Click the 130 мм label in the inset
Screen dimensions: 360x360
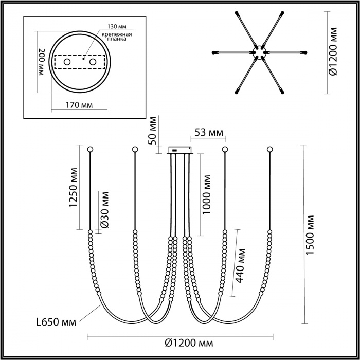[117, 26]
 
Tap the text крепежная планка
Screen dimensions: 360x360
[117, 37]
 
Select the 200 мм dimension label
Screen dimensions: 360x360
[42, 62]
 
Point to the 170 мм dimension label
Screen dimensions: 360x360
[79, 105]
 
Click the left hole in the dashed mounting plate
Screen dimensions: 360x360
[67, 62]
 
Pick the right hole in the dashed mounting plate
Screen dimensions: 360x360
[93, 62]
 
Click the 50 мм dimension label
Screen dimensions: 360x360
[152, 131]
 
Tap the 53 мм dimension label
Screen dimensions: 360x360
[209, 133]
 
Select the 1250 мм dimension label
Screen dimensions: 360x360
[74, 188]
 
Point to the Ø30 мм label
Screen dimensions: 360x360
[104, 210]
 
